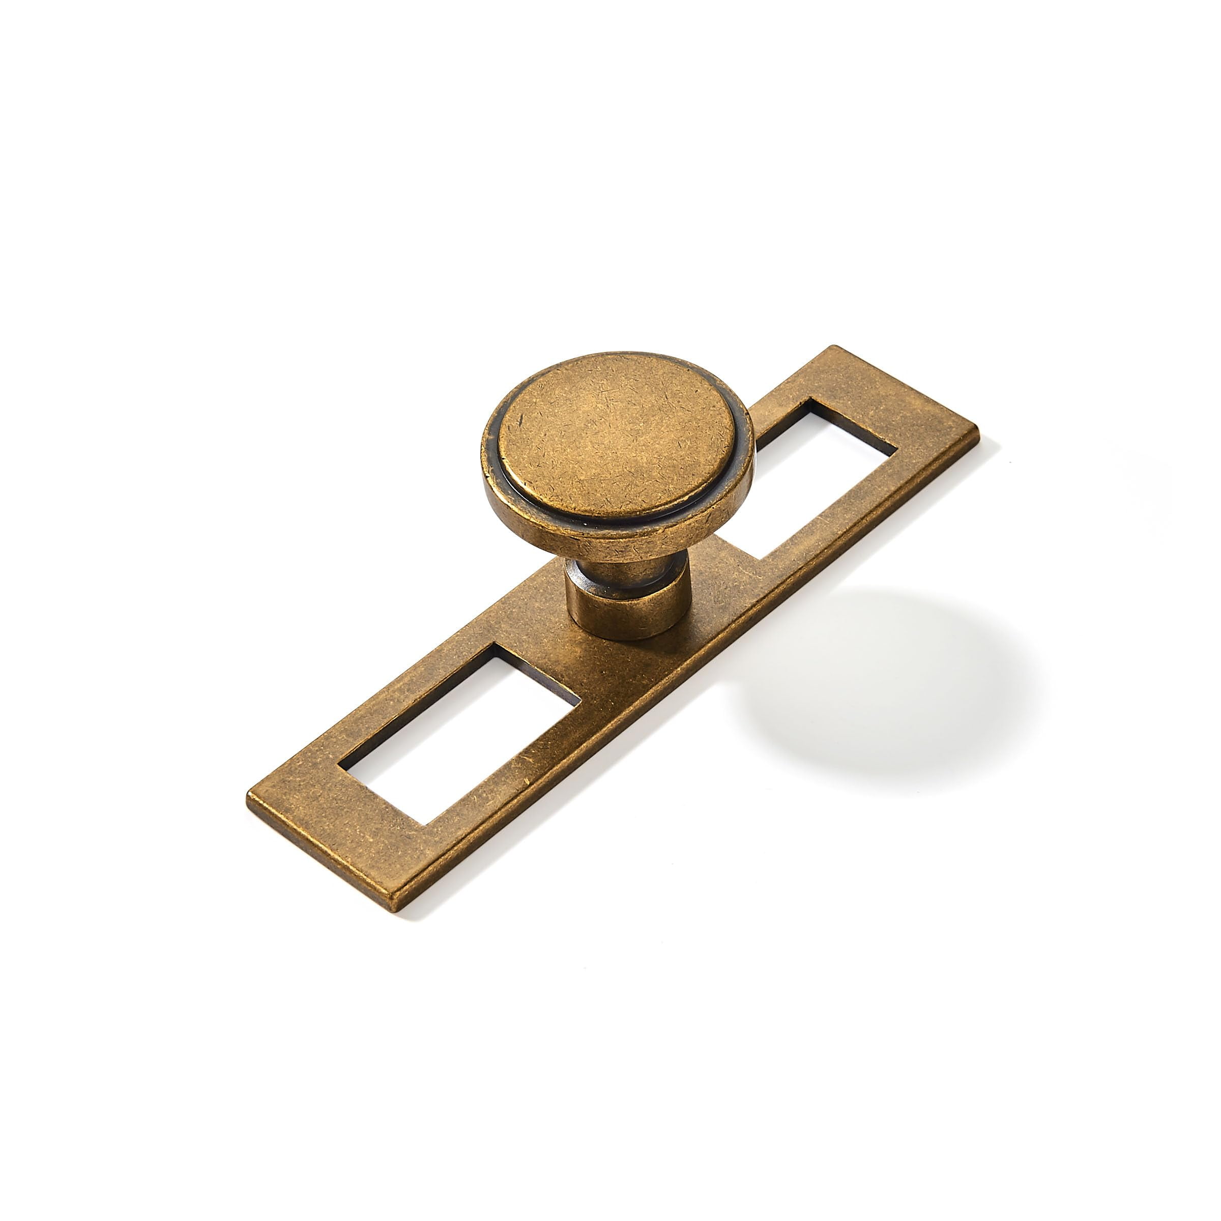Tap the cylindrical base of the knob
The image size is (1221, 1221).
[x=626, y=610]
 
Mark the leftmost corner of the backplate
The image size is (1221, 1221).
[x=248, y=798]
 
